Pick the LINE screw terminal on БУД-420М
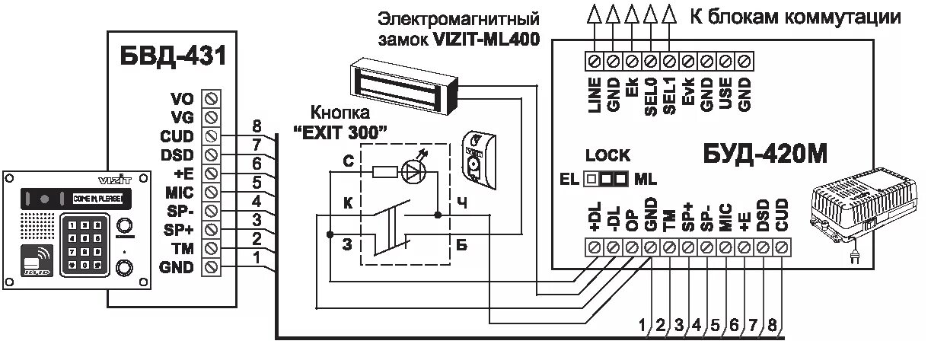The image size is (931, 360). [595, 59]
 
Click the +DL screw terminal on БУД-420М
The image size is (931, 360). [595, 247]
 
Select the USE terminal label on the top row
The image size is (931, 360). [726, 95]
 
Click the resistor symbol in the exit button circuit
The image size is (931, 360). [383, 173]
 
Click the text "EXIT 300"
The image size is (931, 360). [340, 130]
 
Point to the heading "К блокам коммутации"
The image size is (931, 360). [795, 17]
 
